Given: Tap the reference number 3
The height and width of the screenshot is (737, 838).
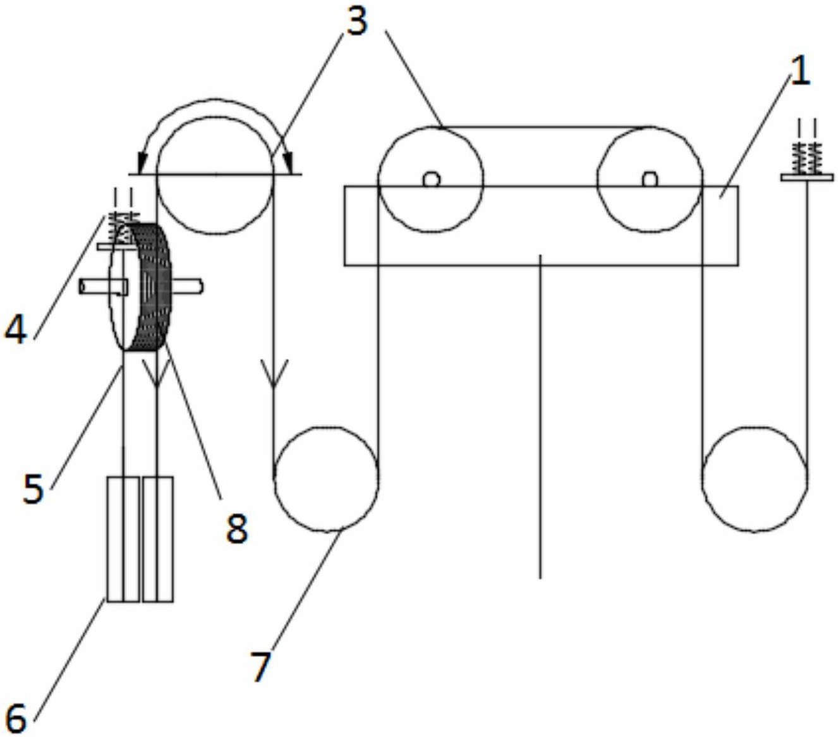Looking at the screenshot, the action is point(356,21).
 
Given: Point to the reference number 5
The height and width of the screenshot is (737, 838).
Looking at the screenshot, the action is point(33,489).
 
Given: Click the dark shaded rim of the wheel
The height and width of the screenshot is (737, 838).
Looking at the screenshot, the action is point(154,287).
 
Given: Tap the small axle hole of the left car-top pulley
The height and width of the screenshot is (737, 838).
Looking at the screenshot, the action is point(431,180).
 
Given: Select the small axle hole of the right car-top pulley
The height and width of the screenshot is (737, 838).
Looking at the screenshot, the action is point(650,180).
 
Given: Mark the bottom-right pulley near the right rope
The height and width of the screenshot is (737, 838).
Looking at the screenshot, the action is point(754,478).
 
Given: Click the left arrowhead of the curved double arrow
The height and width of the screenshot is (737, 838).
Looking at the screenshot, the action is point(143,163).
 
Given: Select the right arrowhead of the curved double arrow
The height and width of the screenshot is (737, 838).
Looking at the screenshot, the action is point(287,163).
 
